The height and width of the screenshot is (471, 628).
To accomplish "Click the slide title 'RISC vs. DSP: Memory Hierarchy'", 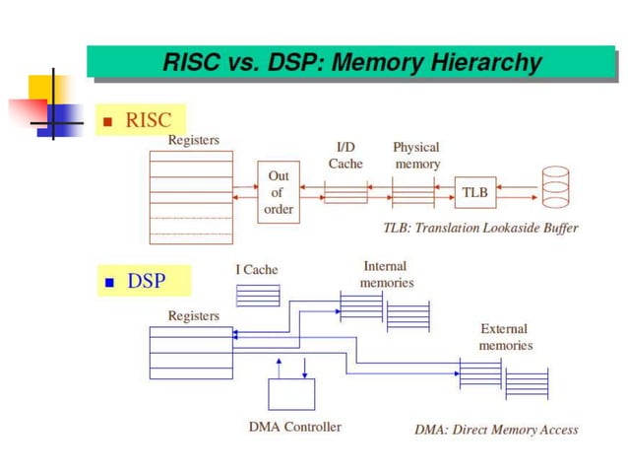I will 351,63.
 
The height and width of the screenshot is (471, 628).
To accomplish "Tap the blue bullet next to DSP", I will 110,284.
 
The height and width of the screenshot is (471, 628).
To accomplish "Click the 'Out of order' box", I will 279,192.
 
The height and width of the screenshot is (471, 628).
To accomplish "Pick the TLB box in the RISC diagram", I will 475,192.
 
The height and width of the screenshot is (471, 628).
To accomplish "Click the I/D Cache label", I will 345,155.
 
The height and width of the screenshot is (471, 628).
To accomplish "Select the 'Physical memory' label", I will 416,155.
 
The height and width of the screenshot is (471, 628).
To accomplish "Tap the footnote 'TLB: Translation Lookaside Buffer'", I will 480,228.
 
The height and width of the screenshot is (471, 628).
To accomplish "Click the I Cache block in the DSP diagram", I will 258,295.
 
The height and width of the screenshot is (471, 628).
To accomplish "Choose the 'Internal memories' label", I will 386,274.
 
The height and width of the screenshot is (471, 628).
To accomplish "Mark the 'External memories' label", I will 505,337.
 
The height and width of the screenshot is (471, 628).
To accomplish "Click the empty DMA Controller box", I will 291,394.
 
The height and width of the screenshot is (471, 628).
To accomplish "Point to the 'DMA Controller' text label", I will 295,427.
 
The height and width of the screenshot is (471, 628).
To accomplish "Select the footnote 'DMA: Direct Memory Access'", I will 496,429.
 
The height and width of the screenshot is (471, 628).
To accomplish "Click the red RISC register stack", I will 191,196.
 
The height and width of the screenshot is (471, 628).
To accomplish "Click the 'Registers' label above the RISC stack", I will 193,140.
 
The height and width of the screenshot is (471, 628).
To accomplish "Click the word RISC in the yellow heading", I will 149,120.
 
